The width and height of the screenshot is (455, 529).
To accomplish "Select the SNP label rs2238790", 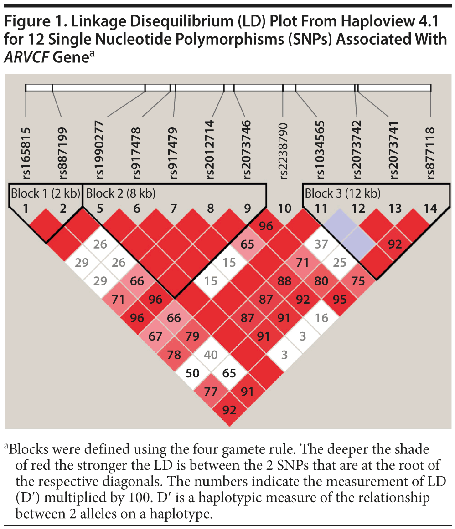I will pyautogui.click(x=284, y=151).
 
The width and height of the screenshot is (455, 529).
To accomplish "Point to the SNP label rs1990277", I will pyautogui.click(x=100, y=151).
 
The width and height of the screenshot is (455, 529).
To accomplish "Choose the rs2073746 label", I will pyautogui.click(x=247, y=151).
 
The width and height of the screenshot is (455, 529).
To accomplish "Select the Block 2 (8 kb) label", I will pyautogui.click(x=121, y=193).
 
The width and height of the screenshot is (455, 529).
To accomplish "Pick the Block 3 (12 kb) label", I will pyautogui.click(x=342, y=193).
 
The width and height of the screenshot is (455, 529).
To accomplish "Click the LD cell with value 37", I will pyautogui.click(x=321, y=245).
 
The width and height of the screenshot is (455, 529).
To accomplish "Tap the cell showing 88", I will pyautogui.click(x=284, y=281).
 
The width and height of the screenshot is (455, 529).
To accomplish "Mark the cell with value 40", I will pyautogui.click(x=211, y=355).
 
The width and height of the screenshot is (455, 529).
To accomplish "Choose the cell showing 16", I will pyautogui.click(x=321, y=318).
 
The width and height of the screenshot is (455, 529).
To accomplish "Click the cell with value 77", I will pyautogui.click(x=211, y=392).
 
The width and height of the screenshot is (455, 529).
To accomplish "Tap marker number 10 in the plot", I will pyautogui.click(x=284, y=209).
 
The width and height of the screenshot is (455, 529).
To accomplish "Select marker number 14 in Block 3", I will pyautogui.click(x=430, y=209).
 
